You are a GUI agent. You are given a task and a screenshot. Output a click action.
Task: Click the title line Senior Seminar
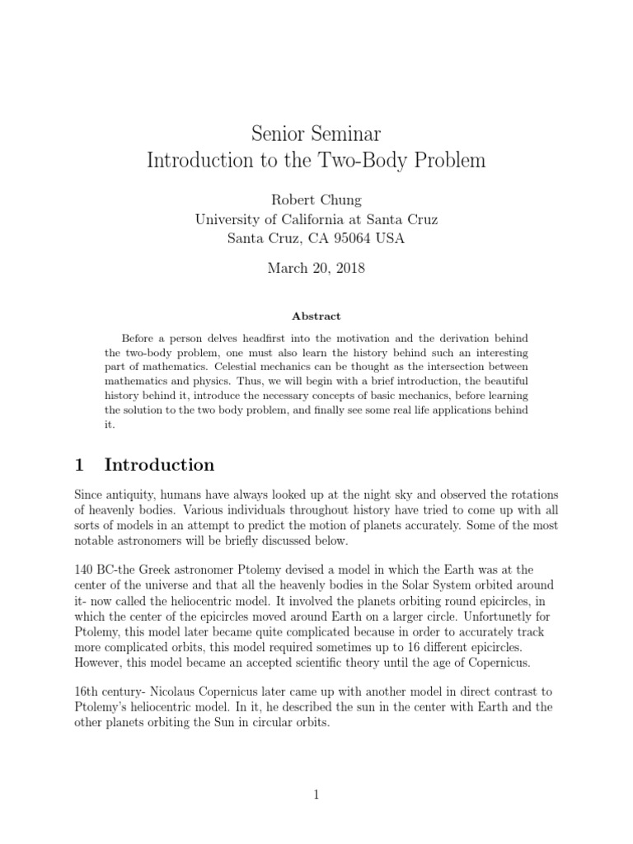coord(316,132)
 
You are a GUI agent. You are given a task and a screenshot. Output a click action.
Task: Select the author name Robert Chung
coord(316,199)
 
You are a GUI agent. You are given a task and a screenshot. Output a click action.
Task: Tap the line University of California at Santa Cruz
coord(316,219)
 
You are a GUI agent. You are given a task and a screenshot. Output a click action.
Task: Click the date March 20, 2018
coord(316,268)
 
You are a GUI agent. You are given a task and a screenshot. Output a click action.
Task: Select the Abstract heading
coord(316,316)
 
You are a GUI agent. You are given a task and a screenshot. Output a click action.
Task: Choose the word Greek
coord(164,570)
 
